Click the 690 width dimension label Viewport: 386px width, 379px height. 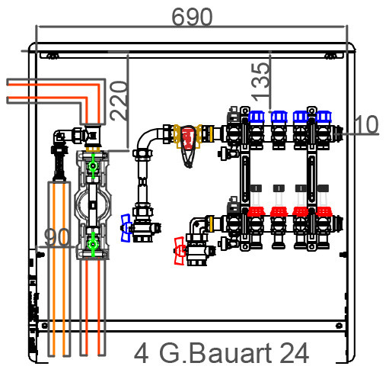(192, 17)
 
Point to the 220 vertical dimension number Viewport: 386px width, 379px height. (119, 101)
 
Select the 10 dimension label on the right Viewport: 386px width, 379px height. (366, 124)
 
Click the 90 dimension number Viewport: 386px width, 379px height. (56, 237)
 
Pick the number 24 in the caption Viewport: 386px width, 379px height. (295, 353)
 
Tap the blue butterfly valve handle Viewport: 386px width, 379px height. (126, 228)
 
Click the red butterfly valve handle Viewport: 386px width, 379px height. (180, 251)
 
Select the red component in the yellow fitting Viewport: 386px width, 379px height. (188, 138)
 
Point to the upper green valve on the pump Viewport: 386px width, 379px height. (93, 166)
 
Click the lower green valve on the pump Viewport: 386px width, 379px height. (93, 245)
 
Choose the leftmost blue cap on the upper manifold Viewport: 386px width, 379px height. (257, 117)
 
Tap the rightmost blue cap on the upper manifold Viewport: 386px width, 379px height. (324, 117)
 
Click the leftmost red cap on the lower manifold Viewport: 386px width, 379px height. (256, 211)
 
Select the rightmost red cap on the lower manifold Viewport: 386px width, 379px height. (324, 211)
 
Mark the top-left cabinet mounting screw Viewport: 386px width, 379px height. (52, 56)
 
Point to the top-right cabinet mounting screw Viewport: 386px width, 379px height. (330, 56)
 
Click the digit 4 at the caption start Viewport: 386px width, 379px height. (141, 354)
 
